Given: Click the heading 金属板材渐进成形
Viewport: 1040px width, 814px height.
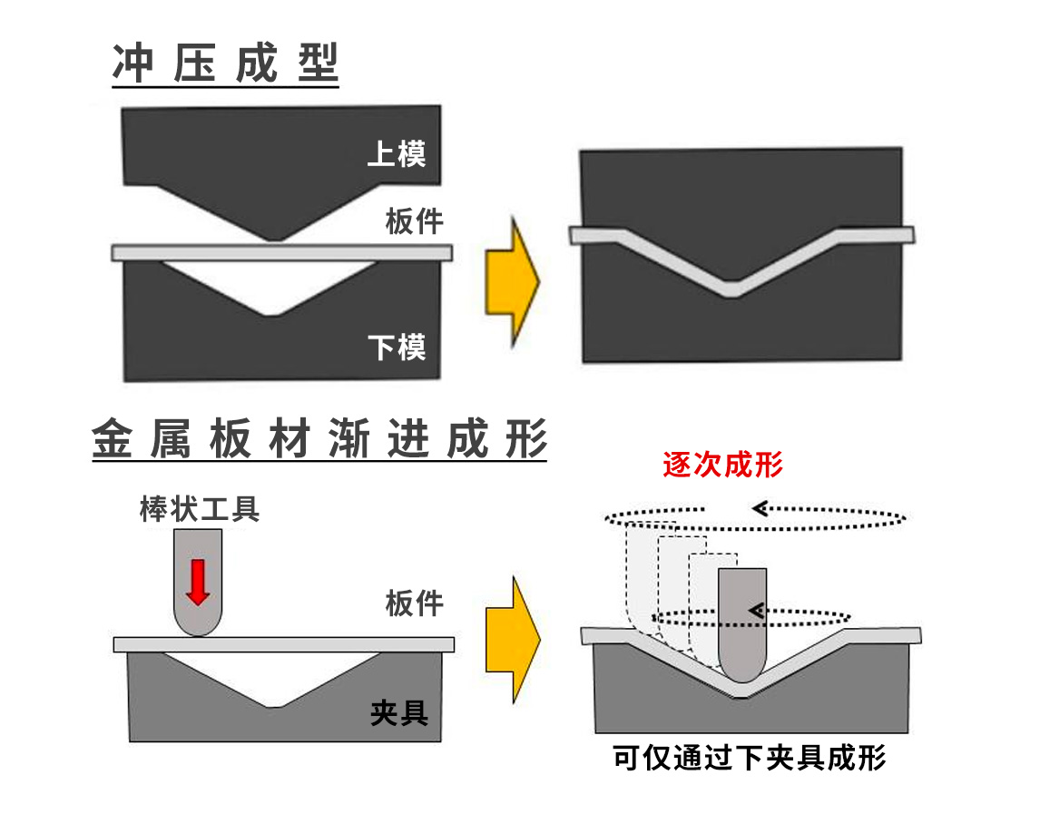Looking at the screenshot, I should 319,439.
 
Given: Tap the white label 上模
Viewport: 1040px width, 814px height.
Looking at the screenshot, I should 397,153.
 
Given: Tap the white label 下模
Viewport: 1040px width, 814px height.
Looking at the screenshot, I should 397,346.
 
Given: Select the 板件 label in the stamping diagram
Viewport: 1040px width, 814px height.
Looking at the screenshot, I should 414,221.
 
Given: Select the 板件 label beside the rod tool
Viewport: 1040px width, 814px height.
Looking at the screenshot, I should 414,603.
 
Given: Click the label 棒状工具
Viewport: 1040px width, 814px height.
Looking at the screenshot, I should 200,509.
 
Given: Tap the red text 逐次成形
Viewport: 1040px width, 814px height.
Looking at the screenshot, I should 722,465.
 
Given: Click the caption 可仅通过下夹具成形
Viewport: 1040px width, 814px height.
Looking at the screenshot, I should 749,757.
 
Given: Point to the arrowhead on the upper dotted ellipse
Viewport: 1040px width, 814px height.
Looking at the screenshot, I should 760,508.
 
